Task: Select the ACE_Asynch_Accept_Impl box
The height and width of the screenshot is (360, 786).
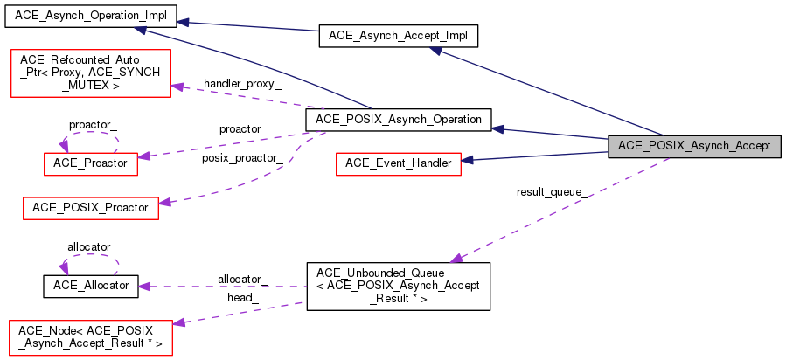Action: pyautogui.click(x=399, y=37)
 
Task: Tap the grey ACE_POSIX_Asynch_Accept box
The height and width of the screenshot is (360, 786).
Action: pyautogui.click(x=694, y=147)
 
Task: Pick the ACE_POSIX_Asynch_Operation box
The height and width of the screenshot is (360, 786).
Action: pyautogui.click(x=399, y=121)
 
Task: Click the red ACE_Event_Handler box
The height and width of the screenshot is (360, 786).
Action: pyautogui.click(x=398, y=163)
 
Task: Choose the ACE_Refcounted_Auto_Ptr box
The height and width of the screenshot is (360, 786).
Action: pyautogui.click(x=91, y=73)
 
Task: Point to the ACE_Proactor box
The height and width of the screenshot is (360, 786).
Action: pyautogui.click(x=91, y=163)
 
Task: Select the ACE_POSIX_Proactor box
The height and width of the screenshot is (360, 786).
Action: pyautogui.click(x=91, y=208)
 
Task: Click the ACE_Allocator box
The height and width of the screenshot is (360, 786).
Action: pyautogui.click(x=91, y=287)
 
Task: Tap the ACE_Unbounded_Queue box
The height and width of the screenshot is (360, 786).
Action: pyautogui.click(x=398, y=287)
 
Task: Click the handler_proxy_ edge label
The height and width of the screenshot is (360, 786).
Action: pyautogui.click(x=242, y=84)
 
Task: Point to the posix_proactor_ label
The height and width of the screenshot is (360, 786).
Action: pyautogui.click(x=242, y=159)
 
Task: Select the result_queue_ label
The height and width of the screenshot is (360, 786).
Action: pyautogui.click(x=553, y=193)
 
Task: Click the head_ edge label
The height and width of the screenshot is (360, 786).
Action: pyautogui.click(x=243, y=299)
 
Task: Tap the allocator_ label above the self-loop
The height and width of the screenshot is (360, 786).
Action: pyautogui.click(x=92, y=246)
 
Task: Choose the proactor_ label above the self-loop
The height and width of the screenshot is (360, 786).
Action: pyautogui.click(x=93, y=125)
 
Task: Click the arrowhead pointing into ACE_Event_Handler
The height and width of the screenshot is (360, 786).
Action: pyautogui.click(x=467, y=161)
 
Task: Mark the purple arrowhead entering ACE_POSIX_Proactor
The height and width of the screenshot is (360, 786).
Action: pyautogui.click(x=165, y=203)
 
